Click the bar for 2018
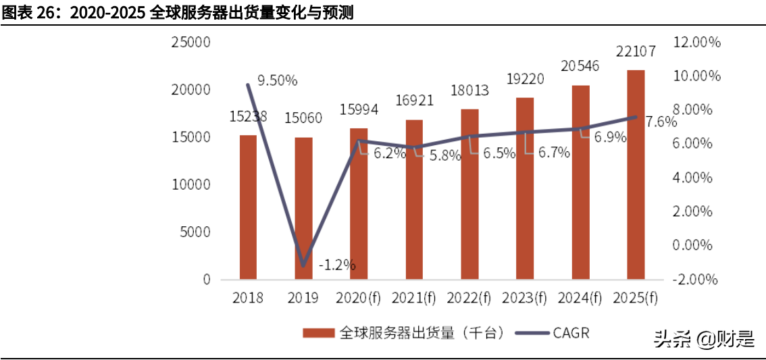click(248, 207)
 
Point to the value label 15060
click(303, 119)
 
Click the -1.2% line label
click(336, 265)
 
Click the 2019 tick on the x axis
click(303, 297)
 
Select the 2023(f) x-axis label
click(524, 297)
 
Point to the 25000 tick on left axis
click(192, 43)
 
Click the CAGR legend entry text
click(571, 332)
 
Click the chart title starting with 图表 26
click(177, 12)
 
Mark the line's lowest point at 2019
click(303, 265)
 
